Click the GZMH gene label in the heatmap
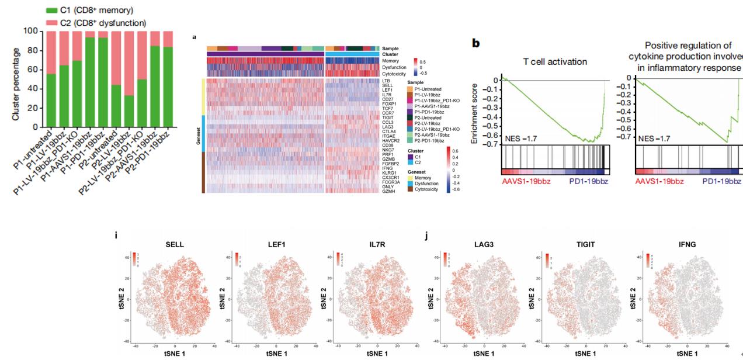[388, 192]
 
